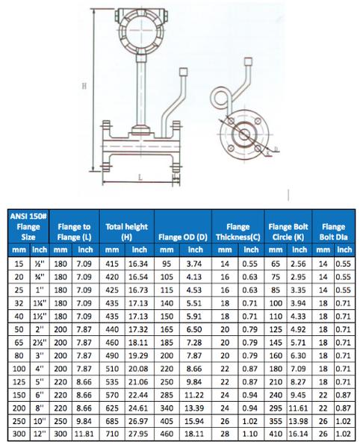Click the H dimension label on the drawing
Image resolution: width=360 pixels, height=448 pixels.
[84, 87]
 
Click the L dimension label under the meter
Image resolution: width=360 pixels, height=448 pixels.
[140, 178]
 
